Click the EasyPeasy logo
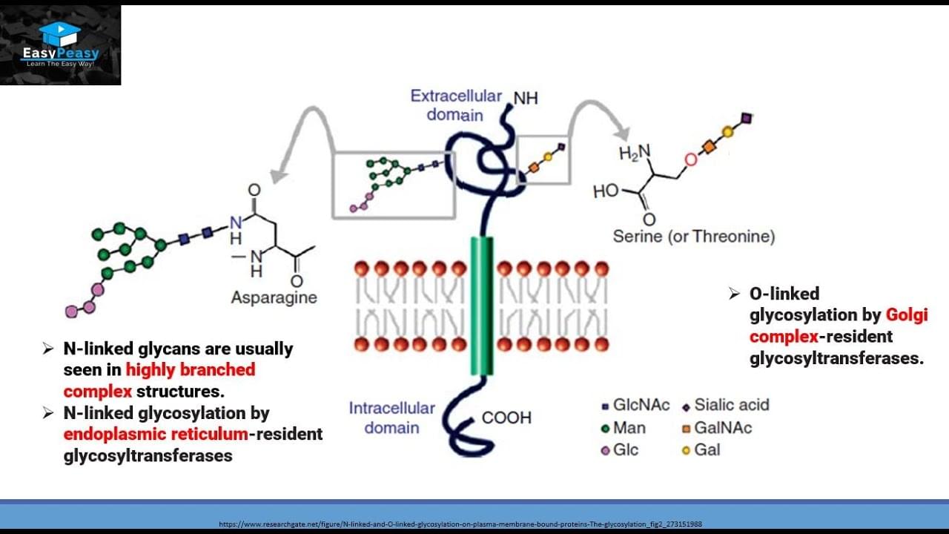[60, 44]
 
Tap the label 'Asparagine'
[274, 297]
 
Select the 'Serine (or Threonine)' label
[693, 237]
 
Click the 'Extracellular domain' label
[455, 105]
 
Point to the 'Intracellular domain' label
[391, 418]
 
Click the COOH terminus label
[506, 418]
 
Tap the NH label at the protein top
[526, 99]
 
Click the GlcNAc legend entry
[635, 405]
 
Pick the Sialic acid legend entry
[726, 405]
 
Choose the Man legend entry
[624, 428]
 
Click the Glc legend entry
[620, 450]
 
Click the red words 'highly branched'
[190, 369]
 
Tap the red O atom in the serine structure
[691, 159]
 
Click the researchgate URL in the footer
[460, 524]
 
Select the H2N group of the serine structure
[635, 153]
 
